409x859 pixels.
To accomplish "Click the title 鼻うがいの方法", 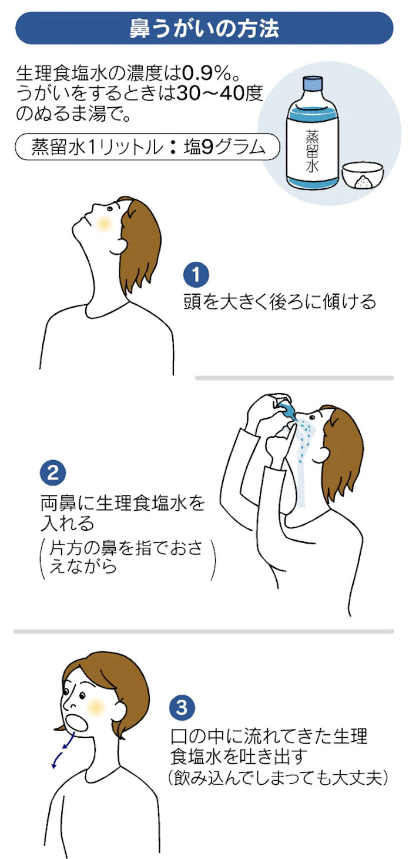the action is pyautogui.click(x=204, y=28).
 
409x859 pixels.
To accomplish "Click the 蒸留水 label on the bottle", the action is pyautogui.click(x=312, y=151).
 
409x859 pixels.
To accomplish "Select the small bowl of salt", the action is pyautogui.click(x=362, y=175).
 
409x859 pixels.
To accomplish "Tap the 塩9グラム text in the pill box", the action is pyautogui.click(x=225, y=147).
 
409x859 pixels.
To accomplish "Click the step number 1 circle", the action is pyautogui.click(x=196, y=275).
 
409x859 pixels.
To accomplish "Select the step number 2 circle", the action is pyautogui.click(x=53, y=472).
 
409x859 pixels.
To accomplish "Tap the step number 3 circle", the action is pyautogui.click(x=182, y=707).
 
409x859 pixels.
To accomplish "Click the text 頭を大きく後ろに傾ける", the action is pyautogui.click(x=280, y=301).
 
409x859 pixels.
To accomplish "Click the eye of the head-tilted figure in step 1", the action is pyautogui.click(x=110, y=209).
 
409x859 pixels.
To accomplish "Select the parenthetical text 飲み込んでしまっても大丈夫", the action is pyautogui.click(x=278, y=778).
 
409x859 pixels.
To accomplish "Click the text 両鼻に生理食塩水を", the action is pyautogui.click(x=123, y=503).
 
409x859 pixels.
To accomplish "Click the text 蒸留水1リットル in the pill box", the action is pyautogui.click(x=98, y=147).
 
